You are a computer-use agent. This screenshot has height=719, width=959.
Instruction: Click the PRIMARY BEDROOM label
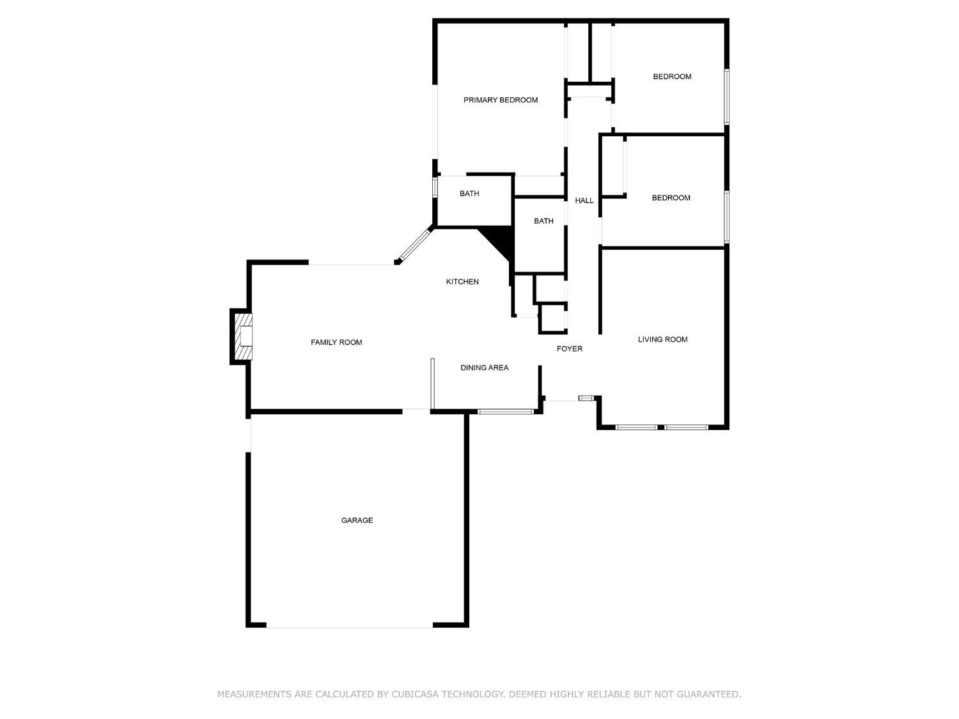tap(501, 100)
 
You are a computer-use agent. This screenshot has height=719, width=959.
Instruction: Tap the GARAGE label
tap(357, 520)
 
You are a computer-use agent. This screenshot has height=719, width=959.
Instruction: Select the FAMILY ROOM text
tap(336, 343)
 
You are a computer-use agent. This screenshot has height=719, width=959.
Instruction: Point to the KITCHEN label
tap(462, 282)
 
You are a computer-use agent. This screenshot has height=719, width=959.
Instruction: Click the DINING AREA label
tap(485, 367)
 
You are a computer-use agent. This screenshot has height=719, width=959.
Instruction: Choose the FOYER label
tap(570, 349)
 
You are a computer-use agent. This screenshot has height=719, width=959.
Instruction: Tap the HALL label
tap(584, 201)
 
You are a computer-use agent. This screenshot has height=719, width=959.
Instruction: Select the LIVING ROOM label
tap(662, 339)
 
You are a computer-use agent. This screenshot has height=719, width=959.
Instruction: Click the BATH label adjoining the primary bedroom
tap(469, 194)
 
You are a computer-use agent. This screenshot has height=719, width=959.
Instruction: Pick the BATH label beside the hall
tap(543, 221)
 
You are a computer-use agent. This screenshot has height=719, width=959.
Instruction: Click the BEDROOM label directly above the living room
tap(671, 198)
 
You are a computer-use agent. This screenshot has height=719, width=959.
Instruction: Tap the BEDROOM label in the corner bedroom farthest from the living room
tap(672, 77)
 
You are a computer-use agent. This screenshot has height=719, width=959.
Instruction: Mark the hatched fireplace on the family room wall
tap(242, 336)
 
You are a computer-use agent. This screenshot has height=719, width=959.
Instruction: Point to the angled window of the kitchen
tap(414, 245)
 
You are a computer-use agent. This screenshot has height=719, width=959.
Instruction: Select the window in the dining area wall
tap(505, 411)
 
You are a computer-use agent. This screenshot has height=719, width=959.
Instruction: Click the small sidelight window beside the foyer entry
tap(586, 398)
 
